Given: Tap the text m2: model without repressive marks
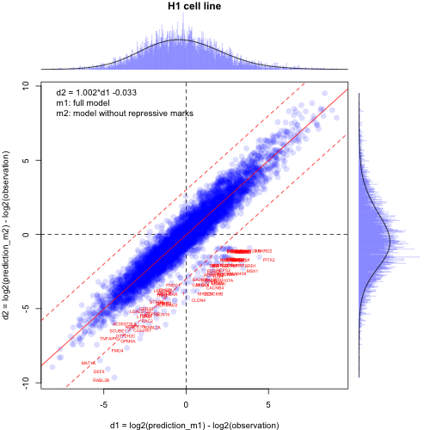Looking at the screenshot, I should [125, 113].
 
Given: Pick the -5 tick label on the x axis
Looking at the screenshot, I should [103, 404].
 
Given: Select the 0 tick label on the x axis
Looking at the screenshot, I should [186, 404].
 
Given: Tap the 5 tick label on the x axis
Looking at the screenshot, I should [268, 404].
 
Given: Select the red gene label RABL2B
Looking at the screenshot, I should [101, 379].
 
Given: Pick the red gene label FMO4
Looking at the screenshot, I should [118, 350].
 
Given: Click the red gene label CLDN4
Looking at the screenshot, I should [199, 300].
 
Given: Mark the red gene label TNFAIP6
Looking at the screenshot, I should [111, 338].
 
